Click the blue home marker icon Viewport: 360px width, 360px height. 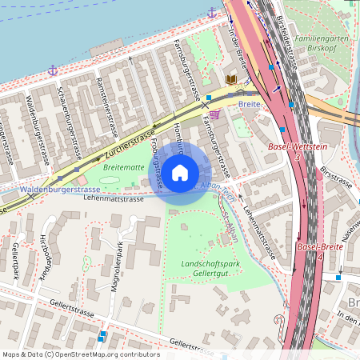[x=180, y=172]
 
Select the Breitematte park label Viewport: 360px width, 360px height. [x=123, y=168]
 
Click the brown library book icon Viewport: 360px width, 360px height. [x=231, y=80]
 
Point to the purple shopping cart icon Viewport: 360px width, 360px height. [x=214, y=114]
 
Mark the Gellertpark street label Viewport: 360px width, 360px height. [x=16, y=264]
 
